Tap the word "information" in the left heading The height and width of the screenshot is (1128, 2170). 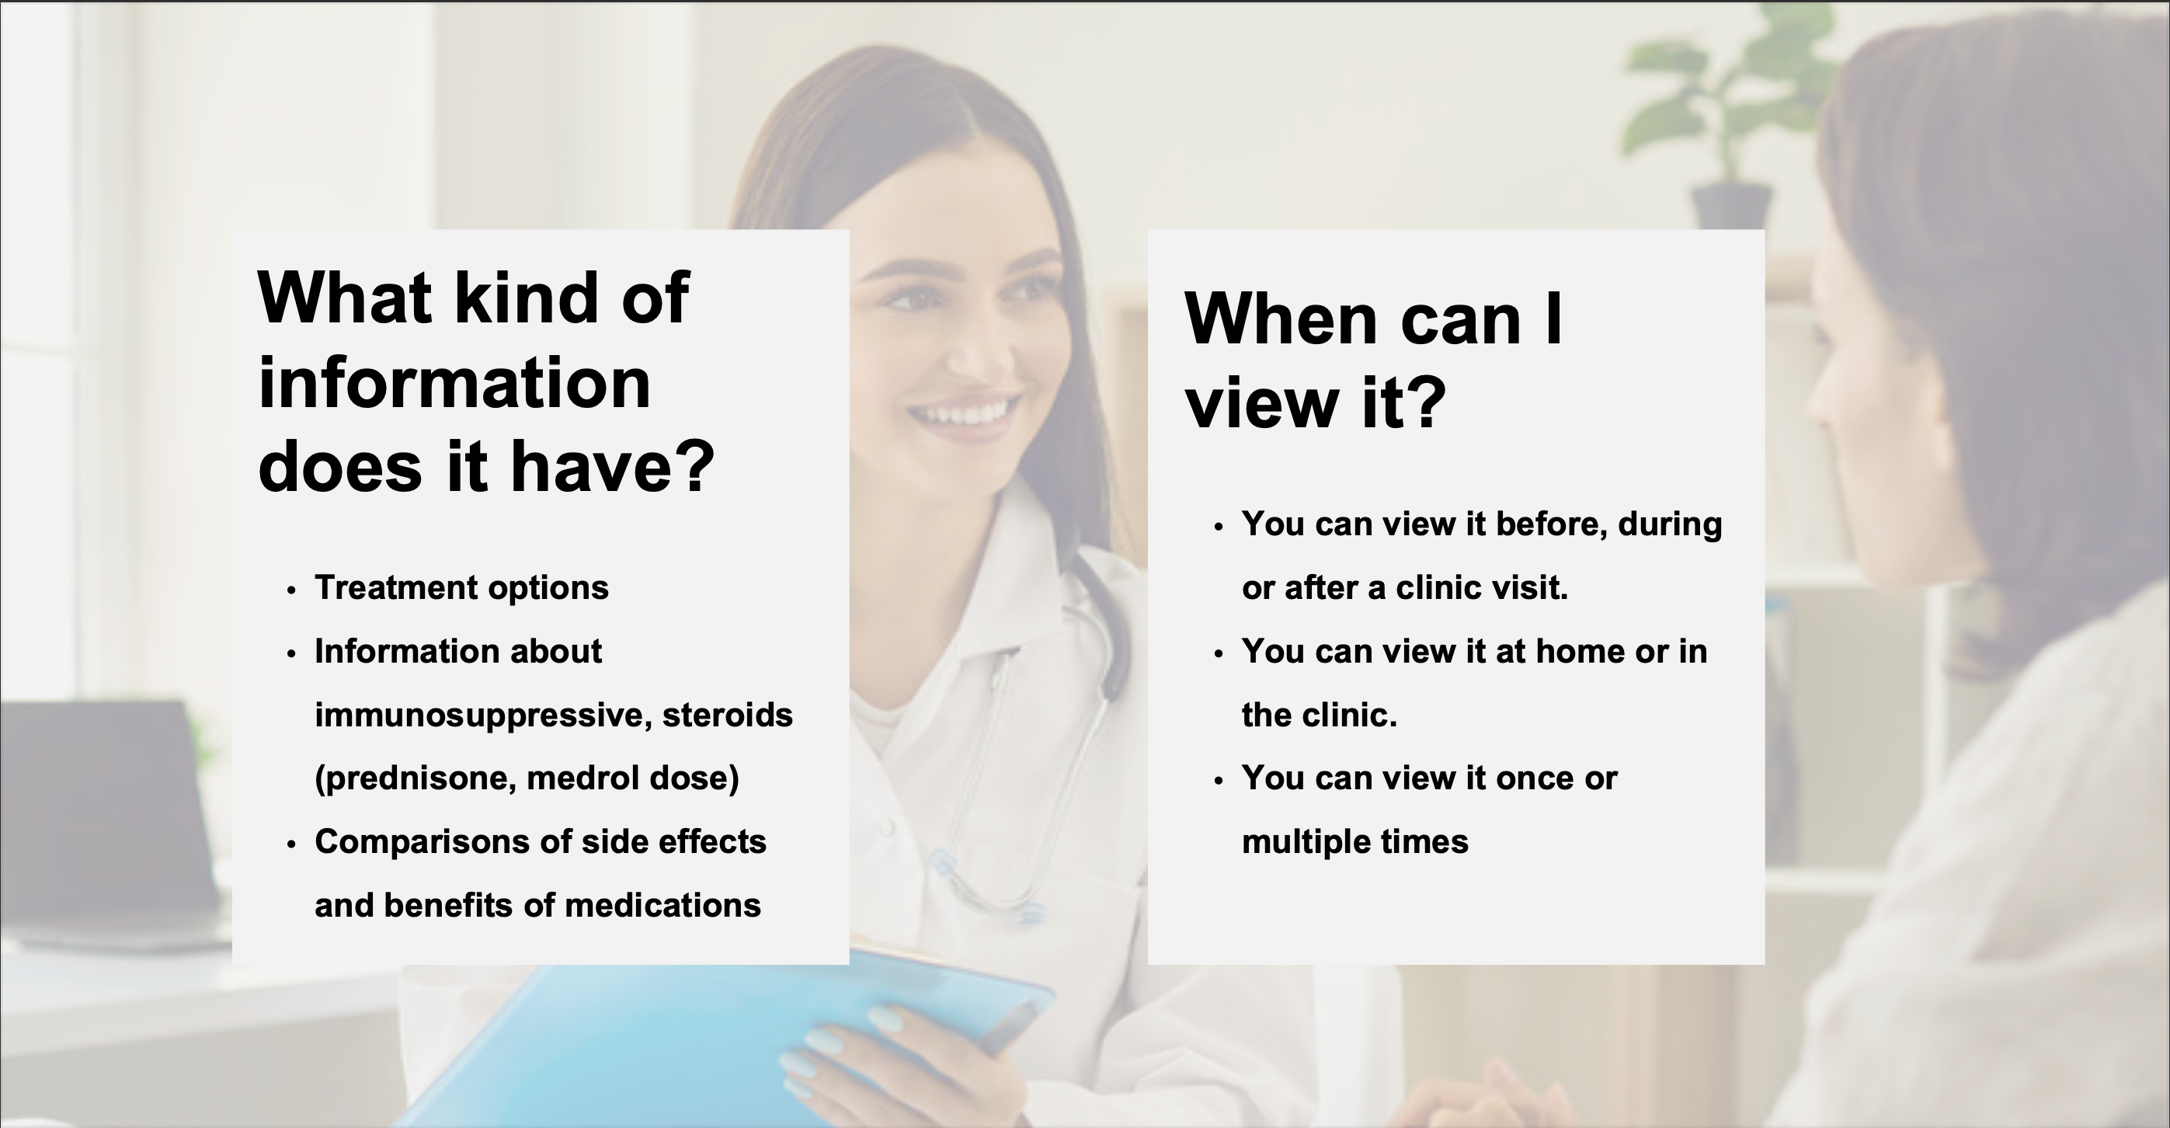click(x=454, y=383)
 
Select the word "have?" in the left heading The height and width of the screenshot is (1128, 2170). click(x=613, y=467)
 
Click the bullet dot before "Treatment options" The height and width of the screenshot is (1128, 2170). click(x=291, y=590)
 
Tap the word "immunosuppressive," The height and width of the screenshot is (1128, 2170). click(x=484, y=715)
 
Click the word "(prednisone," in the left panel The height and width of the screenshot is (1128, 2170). click(x=416, y=778)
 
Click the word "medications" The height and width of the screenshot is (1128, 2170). click(x=663, y=906)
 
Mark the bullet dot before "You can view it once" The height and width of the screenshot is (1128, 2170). click(x=1218, y=781)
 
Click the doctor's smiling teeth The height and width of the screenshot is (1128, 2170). click(x=966, y=413)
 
